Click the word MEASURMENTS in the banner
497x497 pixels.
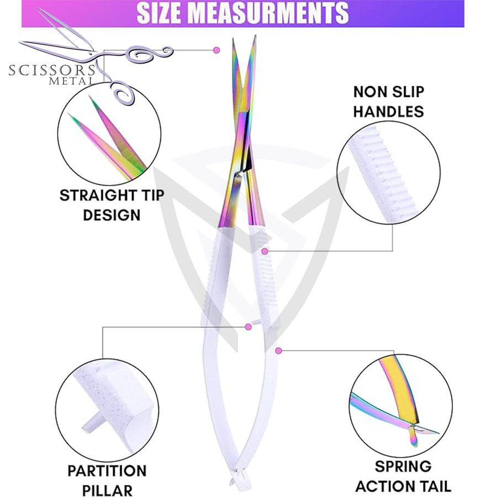(x=278, y=13)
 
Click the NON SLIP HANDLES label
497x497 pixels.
(x=388, y=101)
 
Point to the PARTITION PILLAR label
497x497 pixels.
(x=107, y=480)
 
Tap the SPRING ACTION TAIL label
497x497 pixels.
(x=403, y=476)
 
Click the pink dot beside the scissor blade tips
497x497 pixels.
(x=216, y=50)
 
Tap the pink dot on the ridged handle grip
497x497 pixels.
(x=265, y=251)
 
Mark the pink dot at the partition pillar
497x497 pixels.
(x=248, y=327)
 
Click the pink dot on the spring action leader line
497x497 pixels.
(x=279, y=350)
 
